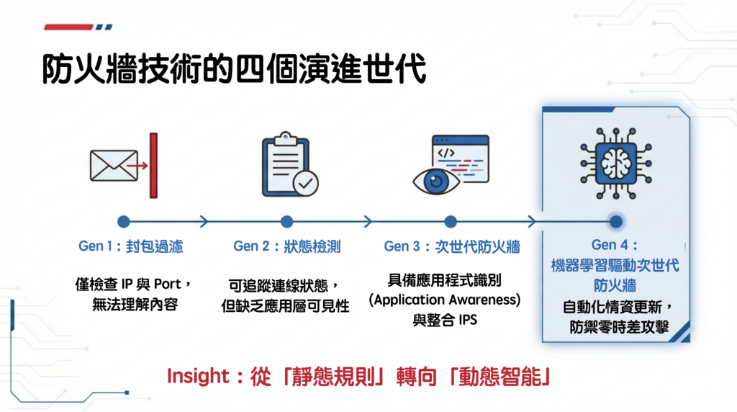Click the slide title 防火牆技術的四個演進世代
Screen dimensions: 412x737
(x=234, y=70)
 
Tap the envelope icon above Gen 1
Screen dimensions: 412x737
(x=114, y=166)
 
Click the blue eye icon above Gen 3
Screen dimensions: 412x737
(x=436, y=181)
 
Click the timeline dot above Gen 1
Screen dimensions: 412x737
(x=124, y=221)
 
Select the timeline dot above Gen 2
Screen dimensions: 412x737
(x=287, y=221)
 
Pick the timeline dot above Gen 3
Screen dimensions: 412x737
(x=451, y=221)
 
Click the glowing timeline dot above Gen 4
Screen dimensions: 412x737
(x=615, y=221)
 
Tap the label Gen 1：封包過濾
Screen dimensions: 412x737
(x=130, y=246)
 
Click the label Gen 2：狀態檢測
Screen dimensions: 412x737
(x=286, y=246)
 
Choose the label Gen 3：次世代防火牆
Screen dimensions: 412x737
(x=451, y=246)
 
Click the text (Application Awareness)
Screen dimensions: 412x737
(x=444, y=299)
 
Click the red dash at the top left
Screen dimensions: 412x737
(x=68, y=27)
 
